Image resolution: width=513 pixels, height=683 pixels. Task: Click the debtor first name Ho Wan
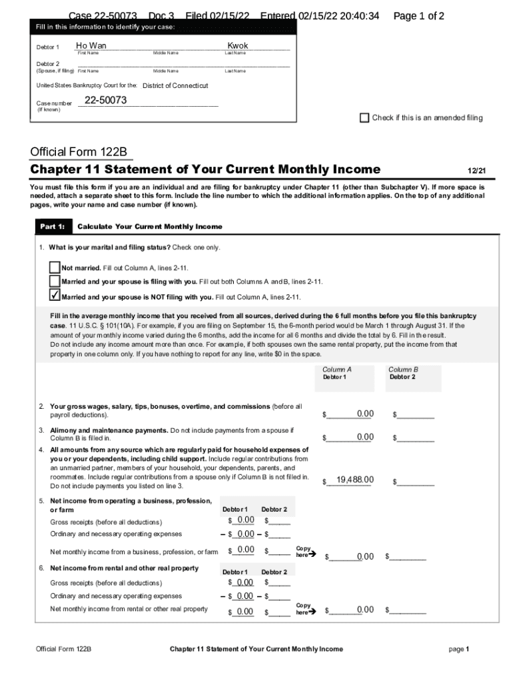[91, 46]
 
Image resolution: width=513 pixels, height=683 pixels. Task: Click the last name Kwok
[238, 46]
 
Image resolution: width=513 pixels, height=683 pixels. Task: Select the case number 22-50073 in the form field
[105, 101]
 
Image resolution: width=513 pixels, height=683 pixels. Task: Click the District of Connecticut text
[175, 85]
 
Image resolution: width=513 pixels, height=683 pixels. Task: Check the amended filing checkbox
[364, 118]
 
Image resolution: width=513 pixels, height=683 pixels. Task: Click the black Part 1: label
[52, 227]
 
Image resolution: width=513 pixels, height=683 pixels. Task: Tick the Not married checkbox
[55, 267]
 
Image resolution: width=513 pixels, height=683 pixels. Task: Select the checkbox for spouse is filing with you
[55, 281]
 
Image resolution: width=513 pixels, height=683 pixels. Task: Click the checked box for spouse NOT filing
[55, 296]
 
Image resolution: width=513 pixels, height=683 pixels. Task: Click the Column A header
[336, 370]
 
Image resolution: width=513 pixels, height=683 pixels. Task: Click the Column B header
[403, 370]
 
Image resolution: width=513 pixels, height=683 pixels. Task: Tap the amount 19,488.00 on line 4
[355, 480]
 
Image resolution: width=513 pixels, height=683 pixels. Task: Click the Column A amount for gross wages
[364, 414]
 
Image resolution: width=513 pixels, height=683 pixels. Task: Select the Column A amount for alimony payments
[364, 437]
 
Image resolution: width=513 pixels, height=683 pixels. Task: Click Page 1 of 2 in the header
[419, 16]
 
